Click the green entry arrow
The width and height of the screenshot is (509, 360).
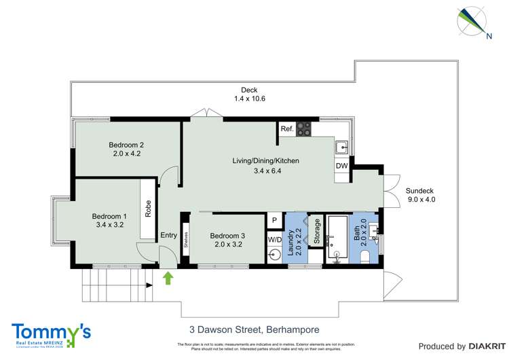pos(168,277)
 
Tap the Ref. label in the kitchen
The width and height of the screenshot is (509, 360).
pos(286,128)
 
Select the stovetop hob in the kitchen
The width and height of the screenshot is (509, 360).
pos(303,128)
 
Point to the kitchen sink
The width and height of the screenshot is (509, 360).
pos(343,146)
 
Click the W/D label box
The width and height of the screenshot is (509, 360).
pos(274,239)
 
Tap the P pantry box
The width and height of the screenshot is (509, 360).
pos(274,220)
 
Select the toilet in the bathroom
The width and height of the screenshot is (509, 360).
pos(364,257)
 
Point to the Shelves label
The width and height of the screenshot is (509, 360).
pos(185,240)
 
